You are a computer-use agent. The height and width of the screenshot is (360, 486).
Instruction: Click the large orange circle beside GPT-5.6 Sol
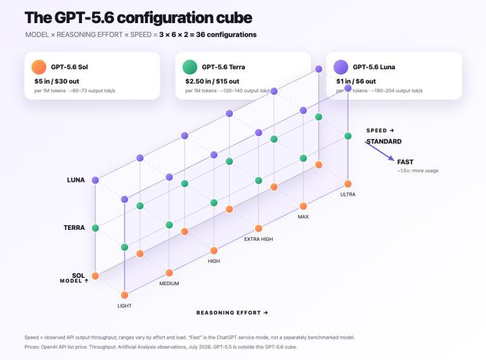click(x=39, y=67)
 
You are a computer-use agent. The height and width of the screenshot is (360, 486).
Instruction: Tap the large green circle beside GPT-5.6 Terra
click(x=190, y=67)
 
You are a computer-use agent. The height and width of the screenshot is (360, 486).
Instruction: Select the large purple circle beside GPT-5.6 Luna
click(x=341, y=67)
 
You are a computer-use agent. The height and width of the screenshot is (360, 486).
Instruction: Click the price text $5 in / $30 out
click(x=56, y=81)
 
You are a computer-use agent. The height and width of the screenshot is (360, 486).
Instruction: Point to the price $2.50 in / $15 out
click(x=212, y=81)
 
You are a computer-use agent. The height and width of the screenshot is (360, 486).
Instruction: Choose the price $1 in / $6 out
click(x=356, y=81)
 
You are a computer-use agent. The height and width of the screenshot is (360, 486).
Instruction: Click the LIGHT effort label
click(x=125, y=306)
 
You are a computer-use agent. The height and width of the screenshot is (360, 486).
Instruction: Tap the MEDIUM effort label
click(x=169, y=283)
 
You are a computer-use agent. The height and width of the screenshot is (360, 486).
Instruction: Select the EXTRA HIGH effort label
click(x=259, y=239)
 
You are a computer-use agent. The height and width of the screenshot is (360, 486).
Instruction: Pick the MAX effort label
click(x=303, y=216)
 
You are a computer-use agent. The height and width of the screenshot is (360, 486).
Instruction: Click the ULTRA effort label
click(x=347, y=194)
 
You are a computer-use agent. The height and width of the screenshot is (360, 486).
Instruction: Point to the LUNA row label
click(x=75, y=180)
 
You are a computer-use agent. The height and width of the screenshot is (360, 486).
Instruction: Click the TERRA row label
click(x=74, y=227)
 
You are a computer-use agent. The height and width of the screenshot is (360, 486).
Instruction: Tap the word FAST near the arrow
click(x=405, y=162)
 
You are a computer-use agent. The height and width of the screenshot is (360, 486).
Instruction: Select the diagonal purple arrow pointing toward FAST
click(x=380, y=151)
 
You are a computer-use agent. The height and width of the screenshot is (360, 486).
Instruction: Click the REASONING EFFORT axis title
click(x=232, y=313)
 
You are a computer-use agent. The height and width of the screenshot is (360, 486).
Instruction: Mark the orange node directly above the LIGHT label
click(x=125, y=295)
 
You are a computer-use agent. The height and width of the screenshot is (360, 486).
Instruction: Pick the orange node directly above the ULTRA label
click(x=347, y=184)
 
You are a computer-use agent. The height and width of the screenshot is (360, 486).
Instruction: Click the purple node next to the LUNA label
click(x=95, y=180)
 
